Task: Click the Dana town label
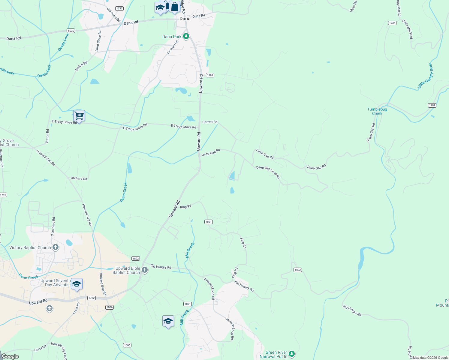click(185, 19)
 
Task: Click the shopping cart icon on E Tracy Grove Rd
click(79, 115)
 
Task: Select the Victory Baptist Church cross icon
click(55, 247)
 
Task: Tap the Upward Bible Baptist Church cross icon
click(145, 270)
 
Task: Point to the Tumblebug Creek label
click(377, 111)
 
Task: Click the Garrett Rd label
click(210, 122)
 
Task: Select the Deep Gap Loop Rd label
click(268, 172)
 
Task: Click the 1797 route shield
click(210, 75)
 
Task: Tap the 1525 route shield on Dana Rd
click(71, 31)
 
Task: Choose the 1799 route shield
click(432, 105)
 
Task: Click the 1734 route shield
click(392, 23)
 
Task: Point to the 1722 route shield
click(92, 298)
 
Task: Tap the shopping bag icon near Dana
click(174, 7)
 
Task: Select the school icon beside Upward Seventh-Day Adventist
click(77, 284)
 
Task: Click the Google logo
click(10, 356)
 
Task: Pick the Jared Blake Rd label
click(98, 41)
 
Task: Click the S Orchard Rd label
click(53, 225)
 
